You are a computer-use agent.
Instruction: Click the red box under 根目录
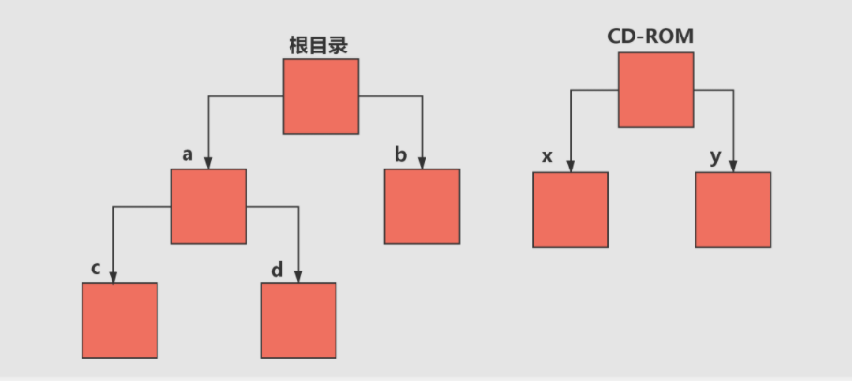point(321,96)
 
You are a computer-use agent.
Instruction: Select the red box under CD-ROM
point(655,90)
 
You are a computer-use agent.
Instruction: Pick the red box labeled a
point(208,206)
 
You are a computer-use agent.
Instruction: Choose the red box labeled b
point(422,206)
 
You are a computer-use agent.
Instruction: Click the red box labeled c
point(119,319)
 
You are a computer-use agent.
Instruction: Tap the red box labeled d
point(298,319)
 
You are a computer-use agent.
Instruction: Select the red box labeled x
point(571,210)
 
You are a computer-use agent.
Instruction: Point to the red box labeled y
point(733,210)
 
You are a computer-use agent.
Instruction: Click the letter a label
point(187,155)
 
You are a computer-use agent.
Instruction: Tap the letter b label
point(400,155)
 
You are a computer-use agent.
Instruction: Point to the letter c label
point(96,269)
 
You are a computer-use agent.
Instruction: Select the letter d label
point(277,271)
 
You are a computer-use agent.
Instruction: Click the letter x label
point(547,156)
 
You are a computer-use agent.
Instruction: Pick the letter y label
point(716,157)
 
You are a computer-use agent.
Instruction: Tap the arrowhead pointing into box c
point(113,276)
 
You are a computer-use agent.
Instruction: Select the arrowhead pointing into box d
point(298,276)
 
